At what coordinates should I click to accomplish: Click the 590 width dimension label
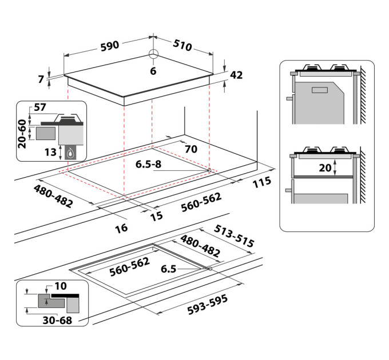point(110,46)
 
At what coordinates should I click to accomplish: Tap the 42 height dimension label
point(236,75)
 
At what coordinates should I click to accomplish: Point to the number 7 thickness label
point(41,79)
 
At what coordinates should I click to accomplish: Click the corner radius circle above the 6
point(153,54)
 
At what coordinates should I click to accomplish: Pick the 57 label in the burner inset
point(40,107)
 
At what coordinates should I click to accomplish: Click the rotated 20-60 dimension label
point(22,134)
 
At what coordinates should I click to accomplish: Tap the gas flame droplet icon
point(70,153)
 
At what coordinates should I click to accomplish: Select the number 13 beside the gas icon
point(50,152)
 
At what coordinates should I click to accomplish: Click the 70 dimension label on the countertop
point(191,149)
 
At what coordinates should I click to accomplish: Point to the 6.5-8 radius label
point(148,164)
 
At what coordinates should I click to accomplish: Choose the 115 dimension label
point(262,182)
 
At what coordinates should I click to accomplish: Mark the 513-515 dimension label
point(234,236)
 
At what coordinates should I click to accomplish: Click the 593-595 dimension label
point(208,305)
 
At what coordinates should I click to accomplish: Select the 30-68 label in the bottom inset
point(58,320)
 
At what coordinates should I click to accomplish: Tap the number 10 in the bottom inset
point(61,286)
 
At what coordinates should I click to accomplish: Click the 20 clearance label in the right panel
point(326,168)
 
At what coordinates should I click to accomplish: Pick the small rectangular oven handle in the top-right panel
point(320,90)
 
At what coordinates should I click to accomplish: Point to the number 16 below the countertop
point(121,228)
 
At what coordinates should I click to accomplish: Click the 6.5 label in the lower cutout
point(168,269)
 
